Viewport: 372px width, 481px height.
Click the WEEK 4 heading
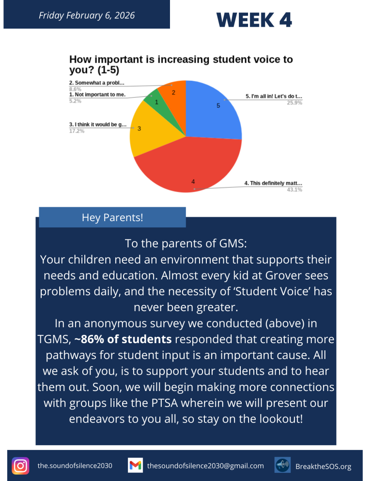254,20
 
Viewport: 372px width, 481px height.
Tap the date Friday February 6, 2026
86,15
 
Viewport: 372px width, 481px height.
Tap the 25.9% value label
294,103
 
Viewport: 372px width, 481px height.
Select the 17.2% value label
75,131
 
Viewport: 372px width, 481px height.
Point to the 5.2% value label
75,101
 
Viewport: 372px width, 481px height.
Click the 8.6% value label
75,89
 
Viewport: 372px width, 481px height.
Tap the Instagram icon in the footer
20,466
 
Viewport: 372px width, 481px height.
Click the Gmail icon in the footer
135,466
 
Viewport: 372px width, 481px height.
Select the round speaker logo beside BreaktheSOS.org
282,466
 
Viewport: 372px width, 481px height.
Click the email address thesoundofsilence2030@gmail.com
205,466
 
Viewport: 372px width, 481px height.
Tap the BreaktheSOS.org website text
323,466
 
